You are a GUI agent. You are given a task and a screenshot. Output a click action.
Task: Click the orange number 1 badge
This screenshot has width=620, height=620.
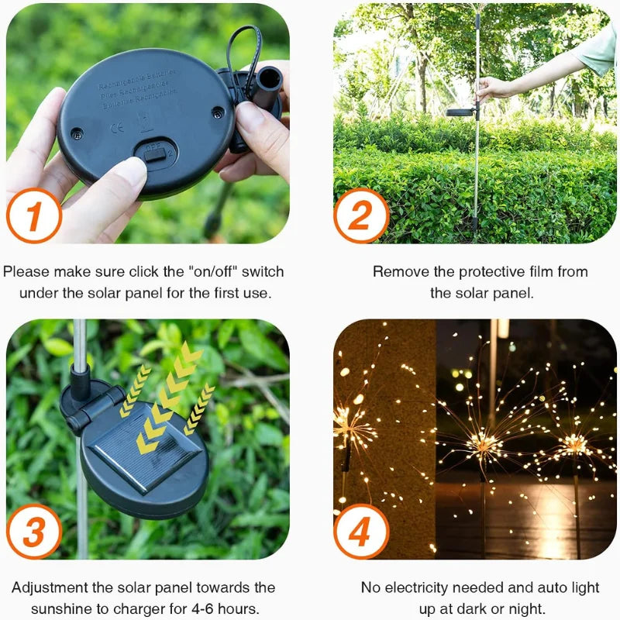click(x=34, y=215)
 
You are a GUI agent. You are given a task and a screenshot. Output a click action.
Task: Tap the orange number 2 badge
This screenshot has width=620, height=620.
click(x=361, y=215)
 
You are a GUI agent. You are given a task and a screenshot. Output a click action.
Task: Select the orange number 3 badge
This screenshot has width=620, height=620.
click(x=34, y=532)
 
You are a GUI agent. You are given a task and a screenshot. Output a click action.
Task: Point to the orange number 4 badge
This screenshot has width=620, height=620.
click(x=361, y=532)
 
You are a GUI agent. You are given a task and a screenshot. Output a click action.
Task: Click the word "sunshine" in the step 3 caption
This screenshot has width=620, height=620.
click(x=58, y=610)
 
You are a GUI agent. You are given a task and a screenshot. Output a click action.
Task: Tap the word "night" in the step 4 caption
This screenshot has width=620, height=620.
click(x=533, y=610)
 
